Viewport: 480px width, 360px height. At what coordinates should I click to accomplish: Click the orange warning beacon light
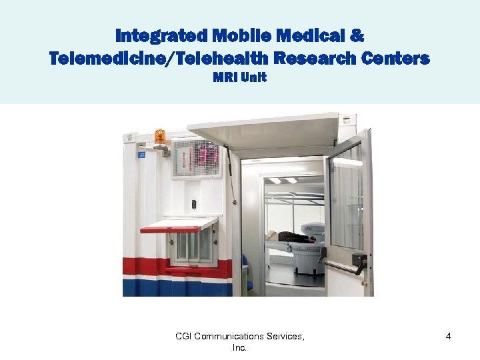click(159, 136)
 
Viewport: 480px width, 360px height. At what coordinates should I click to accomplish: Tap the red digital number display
click(207, 156)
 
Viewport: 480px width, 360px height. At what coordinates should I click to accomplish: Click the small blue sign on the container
click(141, 155)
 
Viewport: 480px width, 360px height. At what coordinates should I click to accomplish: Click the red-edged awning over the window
click(179, 224)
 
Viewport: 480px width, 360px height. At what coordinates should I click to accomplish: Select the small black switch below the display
click(194, 204)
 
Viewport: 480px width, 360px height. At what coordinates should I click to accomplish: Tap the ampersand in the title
click(357, 34)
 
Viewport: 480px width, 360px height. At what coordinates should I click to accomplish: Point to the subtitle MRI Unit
click(239, 77)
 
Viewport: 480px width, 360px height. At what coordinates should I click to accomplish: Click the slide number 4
click(448, 337)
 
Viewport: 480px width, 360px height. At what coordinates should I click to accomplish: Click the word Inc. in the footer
click(239, 347)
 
